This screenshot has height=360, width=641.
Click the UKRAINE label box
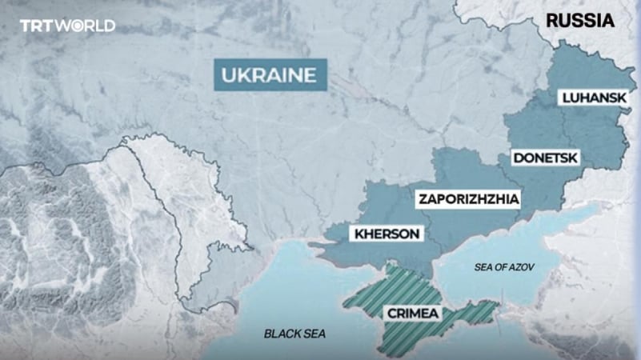[x=266, y=76]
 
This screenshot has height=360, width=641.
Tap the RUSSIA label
[x=580, y=21]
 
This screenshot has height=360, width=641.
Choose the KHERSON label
[x=383, y=234]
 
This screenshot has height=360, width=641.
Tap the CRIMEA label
[x=411, y=313]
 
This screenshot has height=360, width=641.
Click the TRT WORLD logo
[x=67, y=26]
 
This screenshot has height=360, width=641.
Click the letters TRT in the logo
[x=37, y=26]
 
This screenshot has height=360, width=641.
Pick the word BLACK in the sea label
[x=284, y=333]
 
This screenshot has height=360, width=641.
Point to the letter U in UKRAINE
[x=227, y=76]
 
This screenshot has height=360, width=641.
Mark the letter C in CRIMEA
[x=390, y=313]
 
